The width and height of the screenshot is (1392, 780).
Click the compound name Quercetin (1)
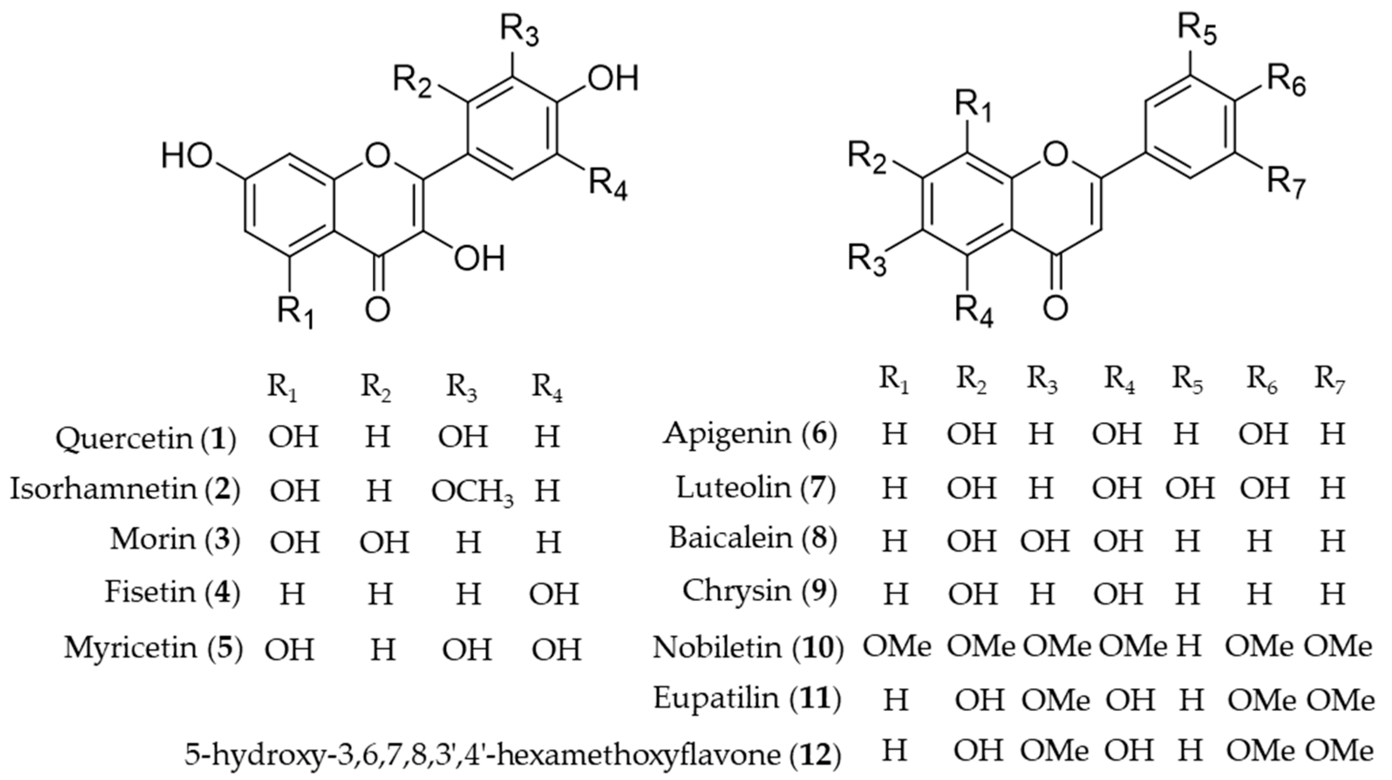pos(146,439)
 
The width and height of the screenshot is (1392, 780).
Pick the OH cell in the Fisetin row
pos(555,593)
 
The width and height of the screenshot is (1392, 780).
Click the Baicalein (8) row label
pos(753,539)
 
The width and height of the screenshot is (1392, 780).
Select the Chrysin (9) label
pos(759,591)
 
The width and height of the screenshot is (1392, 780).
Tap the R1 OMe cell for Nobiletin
pos(897,646)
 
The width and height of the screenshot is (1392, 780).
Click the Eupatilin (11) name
pos(747,699)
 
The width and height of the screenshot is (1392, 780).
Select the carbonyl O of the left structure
pos(377,309)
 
